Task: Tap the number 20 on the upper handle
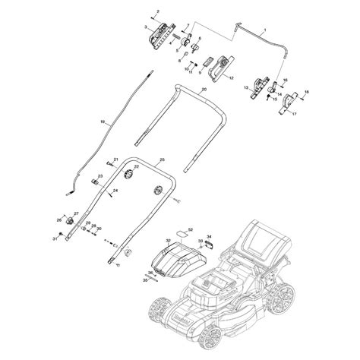point(204,89)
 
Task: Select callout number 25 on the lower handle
point(161,159)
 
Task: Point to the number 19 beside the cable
point(103,122)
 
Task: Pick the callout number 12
point(231,78)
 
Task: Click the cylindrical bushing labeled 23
point(97,184)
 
